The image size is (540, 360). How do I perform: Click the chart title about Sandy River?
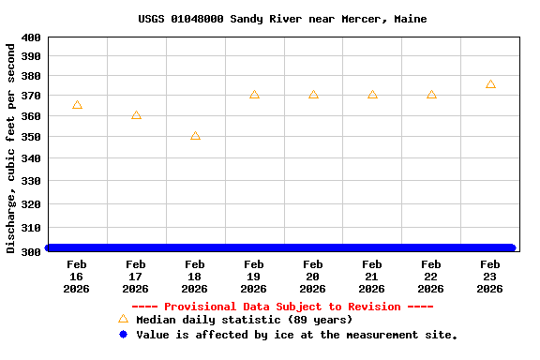282,19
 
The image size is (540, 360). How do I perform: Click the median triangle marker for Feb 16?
77,105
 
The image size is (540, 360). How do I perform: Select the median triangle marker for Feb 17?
136,115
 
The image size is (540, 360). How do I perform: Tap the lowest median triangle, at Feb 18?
195,136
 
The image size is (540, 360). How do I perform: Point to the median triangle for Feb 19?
254,95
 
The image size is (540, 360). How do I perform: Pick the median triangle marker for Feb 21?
372,95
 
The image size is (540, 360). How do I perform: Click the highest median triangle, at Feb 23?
490,84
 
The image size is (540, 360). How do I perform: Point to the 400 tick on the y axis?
31,37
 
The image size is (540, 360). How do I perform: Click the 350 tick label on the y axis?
31,137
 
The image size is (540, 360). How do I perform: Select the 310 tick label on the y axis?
31,228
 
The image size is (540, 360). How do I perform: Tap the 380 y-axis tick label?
31,77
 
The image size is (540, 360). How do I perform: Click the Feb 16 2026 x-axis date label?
77,277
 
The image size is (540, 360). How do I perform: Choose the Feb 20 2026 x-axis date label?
313,277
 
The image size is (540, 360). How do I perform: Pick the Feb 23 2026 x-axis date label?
490,277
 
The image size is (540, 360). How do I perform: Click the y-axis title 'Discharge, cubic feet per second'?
11,147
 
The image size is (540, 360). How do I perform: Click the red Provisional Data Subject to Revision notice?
282,307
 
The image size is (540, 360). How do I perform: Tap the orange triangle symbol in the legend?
123,319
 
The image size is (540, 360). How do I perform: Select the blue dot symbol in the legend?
123,335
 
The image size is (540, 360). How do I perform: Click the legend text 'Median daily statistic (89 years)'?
244,320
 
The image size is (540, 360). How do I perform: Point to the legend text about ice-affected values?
296,335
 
